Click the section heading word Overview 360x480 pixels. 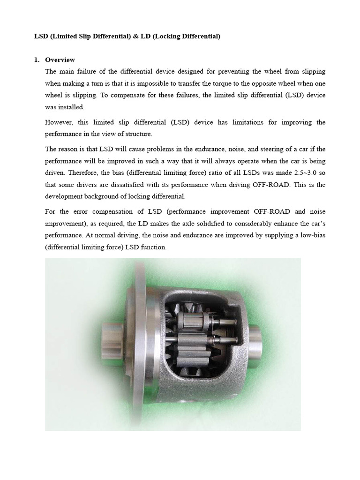click(60, 60)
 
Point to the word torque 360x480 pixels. click(233, 83)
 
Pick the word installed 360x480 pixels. click(72, 107)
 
